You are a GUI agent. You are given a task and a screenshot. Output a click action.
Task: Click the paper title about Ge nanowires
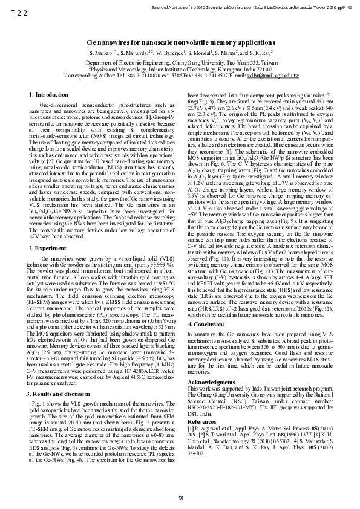[x=180, y=44]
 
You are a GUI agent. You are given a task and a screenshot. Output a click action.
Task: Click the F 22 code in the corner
[x=19, y=11]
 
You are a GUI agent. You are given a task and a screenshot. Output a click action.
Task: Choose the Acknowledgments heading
[x=211, y=366]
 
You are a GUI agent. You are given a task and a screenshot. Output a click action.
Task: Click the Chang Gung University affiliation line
[x=182, y=62]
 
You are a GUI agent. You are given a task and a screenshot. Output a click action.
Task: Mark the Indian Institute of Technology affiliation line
[x=180, y=69]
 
